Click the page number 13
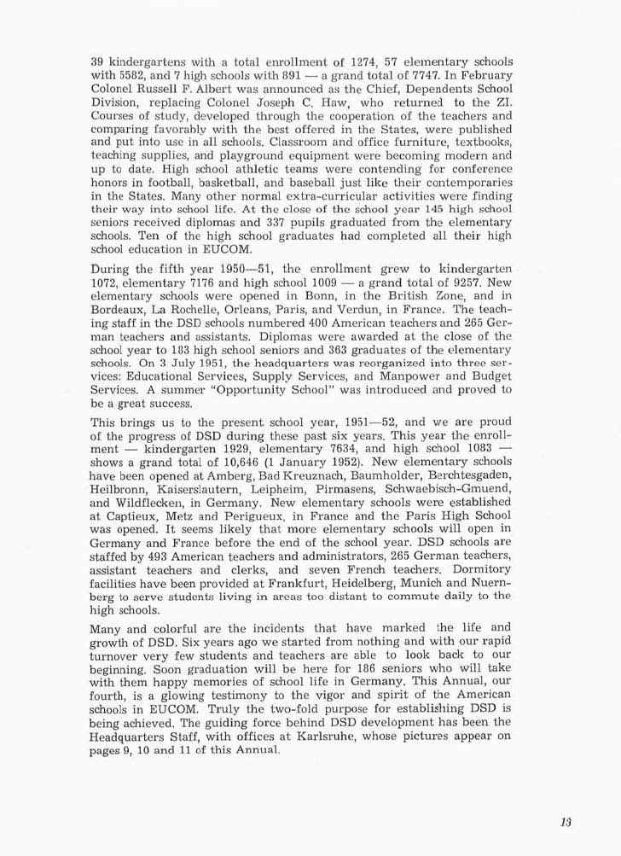[x=566, y=822]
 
